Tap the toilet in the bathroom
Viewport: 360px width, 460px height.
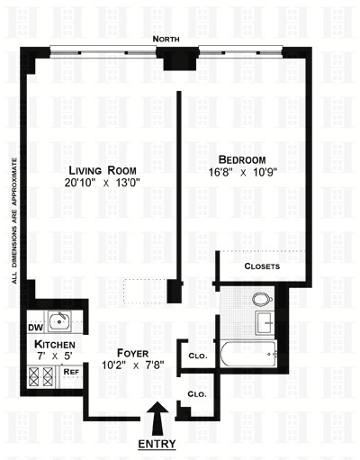pos(262,300)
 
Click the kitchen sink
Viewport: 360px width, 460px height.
pos(60,320)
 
